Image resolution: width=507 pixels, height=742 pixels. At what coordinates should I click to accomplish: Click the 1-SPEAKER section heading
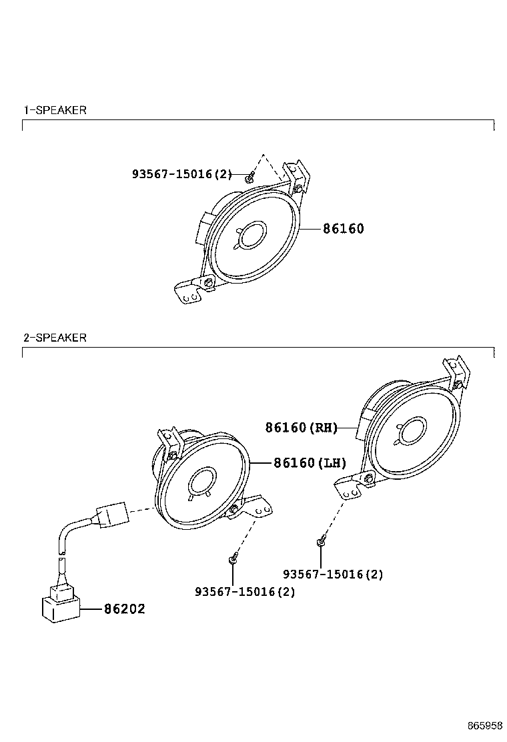click(55, 110)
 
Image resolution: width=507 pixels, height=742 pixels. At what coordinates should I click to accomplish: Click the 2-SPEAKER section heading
click(55, 338)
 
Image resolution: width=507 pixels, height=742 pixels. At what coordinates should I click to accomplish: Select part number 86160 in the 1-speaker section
click(344, 229)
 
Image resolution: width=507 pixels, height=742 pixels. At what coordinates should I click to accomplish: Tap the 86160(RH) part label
click(302, 428)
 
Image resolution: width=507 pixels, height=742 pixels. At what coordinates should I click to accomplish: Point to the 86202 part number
click(124, 609)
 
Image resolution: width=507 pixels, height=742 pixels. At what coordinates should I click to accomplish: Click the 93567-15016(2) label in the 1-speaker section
click(182, 174)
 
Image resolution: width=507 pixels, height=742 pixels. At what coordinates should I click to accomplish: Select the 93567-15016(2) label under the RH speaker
click(333, 574)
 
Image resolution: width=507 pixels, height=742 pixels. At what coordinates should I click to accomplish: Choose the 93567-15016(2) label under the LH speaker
click(245, 592)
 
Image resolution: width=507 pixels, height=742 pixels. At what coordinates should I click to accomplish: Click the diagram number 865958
click(484, 725)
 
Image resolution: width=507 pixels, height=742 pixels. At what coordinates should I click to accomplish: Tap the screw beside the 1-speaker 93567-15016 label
click(248, 177)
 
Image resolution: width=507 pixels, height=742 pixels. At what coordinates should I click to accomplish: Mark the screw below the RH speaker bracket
click(321, 542)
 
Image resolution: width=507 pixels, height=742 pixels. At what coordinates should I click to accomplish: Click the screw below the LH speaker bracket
click(233, 559)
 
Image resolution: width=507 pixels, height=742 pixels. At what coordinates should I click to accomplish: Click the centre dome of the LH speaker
click(201, 480)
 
